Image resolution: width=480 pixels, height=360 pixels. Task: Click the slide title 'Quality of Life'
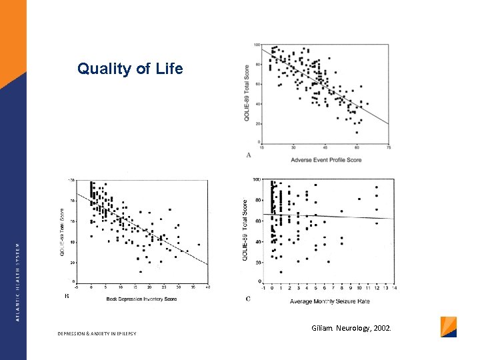130,69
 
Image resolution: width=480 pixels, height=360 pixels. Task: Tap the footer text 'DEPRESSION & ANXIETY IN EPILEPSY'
97,333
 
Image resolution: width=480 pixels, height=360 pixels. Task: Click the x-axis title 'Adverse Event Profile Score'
326,160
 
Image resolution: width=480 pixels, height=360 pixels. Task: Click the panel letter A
249,155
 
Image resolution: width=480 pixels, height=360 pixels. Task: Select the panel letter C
248,299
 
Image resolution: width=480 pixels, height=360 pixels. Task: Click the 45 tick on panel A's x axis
325,147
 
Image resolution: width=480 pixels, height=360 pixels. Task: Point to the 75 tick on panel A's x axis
389,147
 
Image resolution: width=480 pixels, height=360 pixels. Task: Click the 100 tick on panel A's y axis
257,45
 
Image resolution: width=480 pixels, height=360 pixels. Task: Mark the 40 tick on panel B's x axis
208,287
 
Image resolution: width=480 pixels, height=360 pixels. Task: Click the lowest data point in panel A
357,132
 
